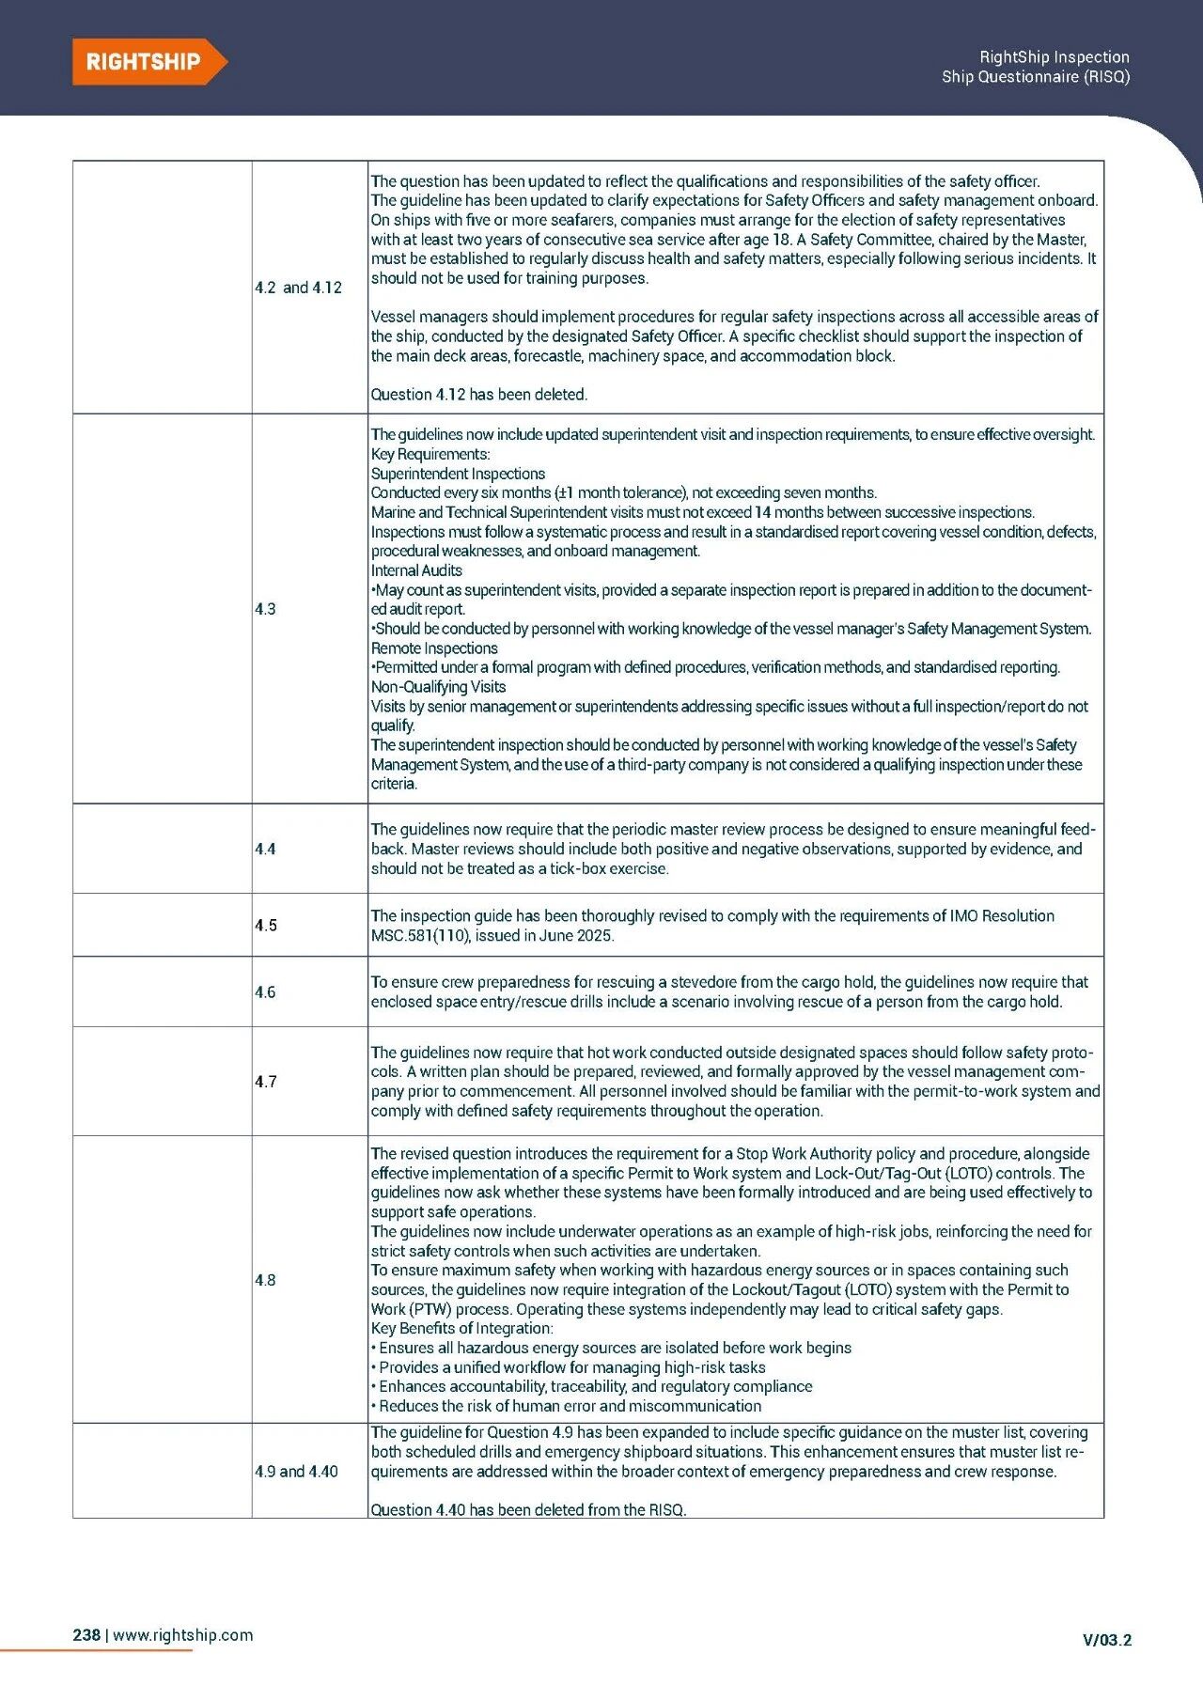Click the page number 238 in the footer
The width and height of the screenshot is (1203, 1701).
86,1634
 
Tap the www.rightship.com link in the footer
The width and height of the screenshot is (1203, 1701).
183,1634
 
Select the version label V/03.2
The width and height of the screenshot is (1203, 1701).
1107,1640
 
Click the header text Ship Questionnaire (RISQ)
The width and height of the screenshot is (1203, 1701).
1036,77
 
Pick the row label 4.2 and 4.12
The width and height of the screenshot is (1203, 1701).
298,288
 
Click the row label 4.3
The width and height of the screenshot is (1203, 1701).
265,609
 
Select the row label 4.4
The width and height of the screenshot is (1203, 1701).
265,849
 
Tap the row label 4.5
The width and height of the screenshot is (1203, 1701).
265,925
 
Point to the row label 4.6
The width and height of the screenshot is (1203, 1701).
265,991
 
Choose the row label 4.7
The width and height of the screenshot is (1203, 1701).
265,1081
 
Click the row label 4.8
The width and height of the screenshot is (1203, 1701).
265,1279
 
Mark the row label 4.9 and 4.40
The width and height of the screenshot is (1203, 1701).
296,1471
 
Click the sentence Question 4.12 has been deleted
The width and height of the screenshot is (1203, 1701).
478,395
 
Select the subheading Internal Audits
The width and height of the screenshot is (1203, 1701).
416,570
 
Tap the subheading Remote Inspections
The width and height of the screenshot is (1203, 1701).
434,648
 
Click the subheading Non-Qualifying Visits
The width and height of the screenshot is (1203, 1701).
438,687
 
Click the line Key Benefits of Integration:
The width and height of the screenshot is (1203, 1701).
462,1328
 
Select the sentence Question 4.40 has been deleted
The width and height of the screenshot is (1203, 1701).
528,1509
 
